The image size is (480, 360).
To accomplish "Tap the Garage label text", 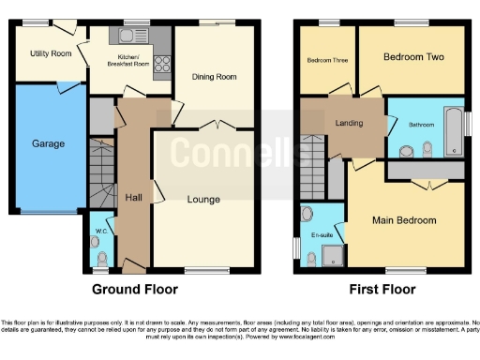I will click(x=49, y=143).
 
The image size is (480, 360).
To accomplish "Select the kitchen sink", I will click(x=126, y=37).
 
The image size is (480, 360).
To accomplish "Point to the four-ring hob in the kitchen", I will click(x=160, y=66).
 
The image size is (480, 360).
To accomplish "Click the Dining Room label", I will click(x=214, y=77).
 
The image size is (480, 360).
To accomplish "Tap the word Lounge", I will click(x=202, y=199).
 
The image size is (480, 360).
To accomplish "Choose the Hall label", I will click(x=133, y=197).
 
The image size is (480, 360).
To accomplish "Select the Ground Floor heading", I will click(x=134, y=290).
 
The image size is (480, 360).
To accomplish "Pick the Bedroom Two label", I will click(x=413, y=57).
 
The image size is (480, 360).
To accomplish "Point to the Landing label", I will click(x=350, y=123).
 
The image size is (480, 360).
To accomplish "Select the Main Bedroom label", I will click(x=404, y=220).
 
